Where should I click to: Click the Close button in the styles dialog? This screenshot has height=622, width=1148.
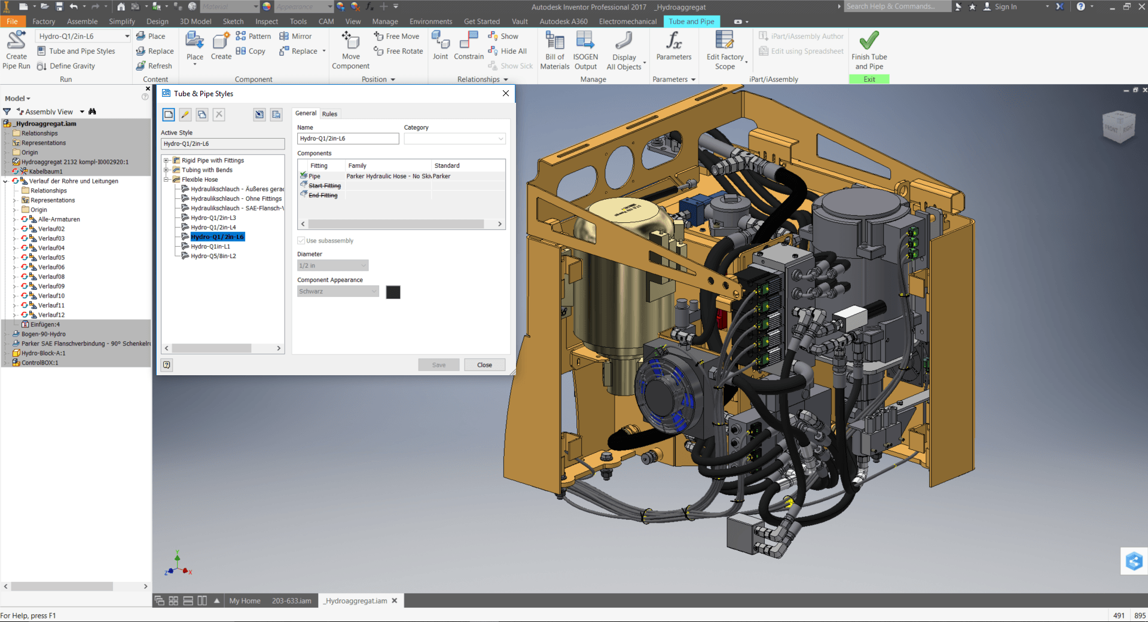[x=484, y=365]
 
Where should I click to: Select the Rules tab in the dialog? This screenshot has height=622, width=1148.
[x=329, y=114]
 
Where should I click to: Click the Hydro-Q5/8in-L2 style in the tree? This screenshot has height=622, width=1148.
[x=213, y=256]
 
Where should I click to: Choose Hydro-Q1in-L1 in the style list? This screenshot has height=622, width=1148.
[x=210, y=247]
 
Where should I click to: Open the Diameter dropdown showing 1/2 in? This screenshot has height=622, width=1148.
[x=332, y=266]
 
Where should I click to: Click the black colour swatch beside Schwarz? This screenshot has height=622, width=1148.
[x=393, y=292]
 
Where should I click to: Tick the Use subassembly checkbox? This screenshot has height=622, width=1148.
[x=301, y=241]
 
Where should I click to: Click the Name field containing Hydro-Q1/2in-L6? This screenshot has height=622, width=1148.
[x=347, y=139]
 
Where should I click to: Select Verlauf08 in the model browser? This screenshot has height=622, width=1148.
[x=51, y=277]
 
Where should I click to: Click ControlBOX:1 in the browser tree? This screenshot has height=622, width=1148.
[x=40, y=363]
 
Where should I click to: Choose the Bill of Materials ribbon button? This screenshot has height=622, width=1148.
[x=554, y=51]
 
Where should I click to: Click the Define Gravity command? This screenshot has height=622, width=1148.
[x=72, y=66]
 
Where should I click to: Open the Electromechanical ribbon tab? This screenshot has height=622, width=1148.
[x=627, y=22]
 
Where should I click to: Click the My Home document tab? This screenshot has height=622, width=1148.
[x=245, y=601]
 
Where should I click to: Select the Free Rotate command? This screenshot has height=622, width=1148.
[x=404, y=51]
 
